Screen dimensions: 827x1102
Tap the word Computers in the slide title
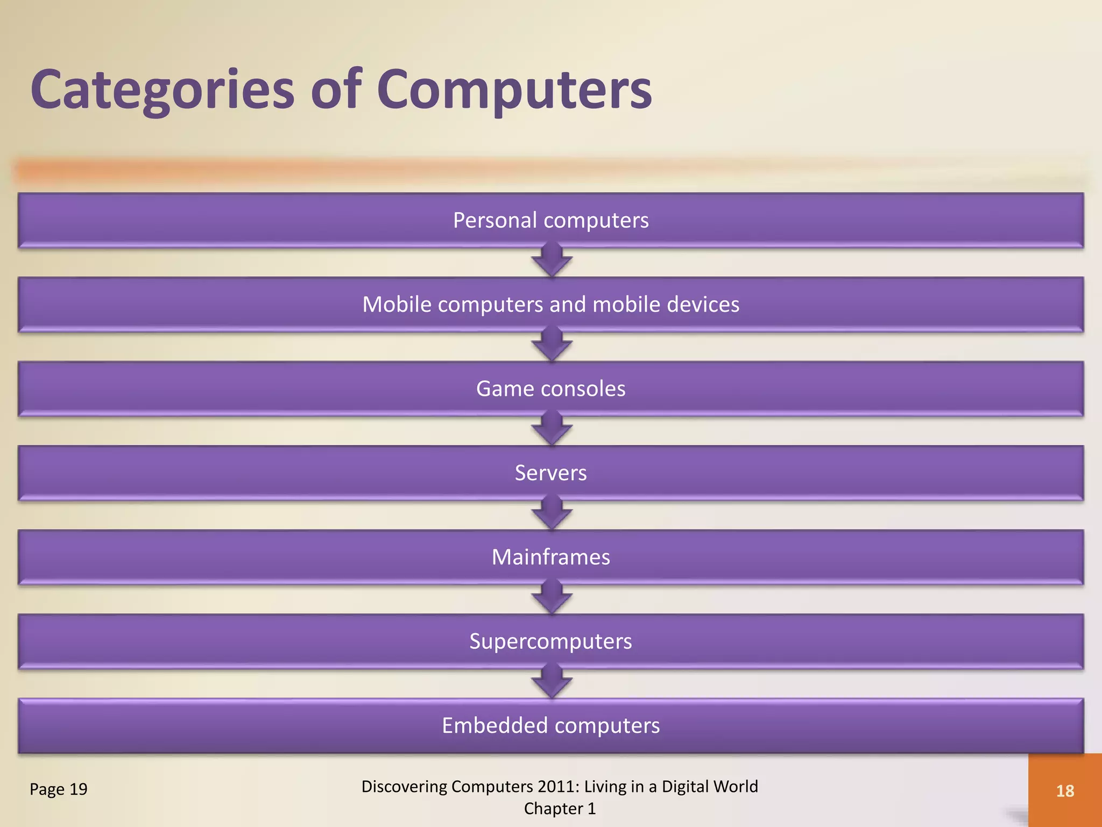(x=514, y=90)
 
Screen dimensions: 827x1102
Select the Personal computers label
(x=550, y=220)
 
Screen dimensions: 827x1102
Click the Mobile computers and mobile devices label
(x=550, y=305)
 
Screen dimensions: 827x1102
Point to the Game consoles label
(x=550, y=389)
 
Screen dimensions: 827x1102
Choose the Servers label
(x=550, y=473)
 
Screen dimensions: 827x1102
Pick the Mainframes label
(x=550, y=557)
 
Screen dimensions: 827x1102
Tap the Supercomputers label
(x=550, y=641)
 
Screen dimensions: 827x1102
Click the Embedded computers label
(x=550, y=726)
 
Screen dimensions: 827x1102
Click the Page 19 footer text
(x=58, y=789)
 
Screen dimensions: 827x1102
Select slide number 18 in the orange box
(x=1065, y=791)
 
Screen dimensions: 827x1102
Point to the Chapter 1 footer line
(x=560, y=809)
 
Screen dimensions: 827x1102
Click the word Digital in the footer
(x=686, y=787)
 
